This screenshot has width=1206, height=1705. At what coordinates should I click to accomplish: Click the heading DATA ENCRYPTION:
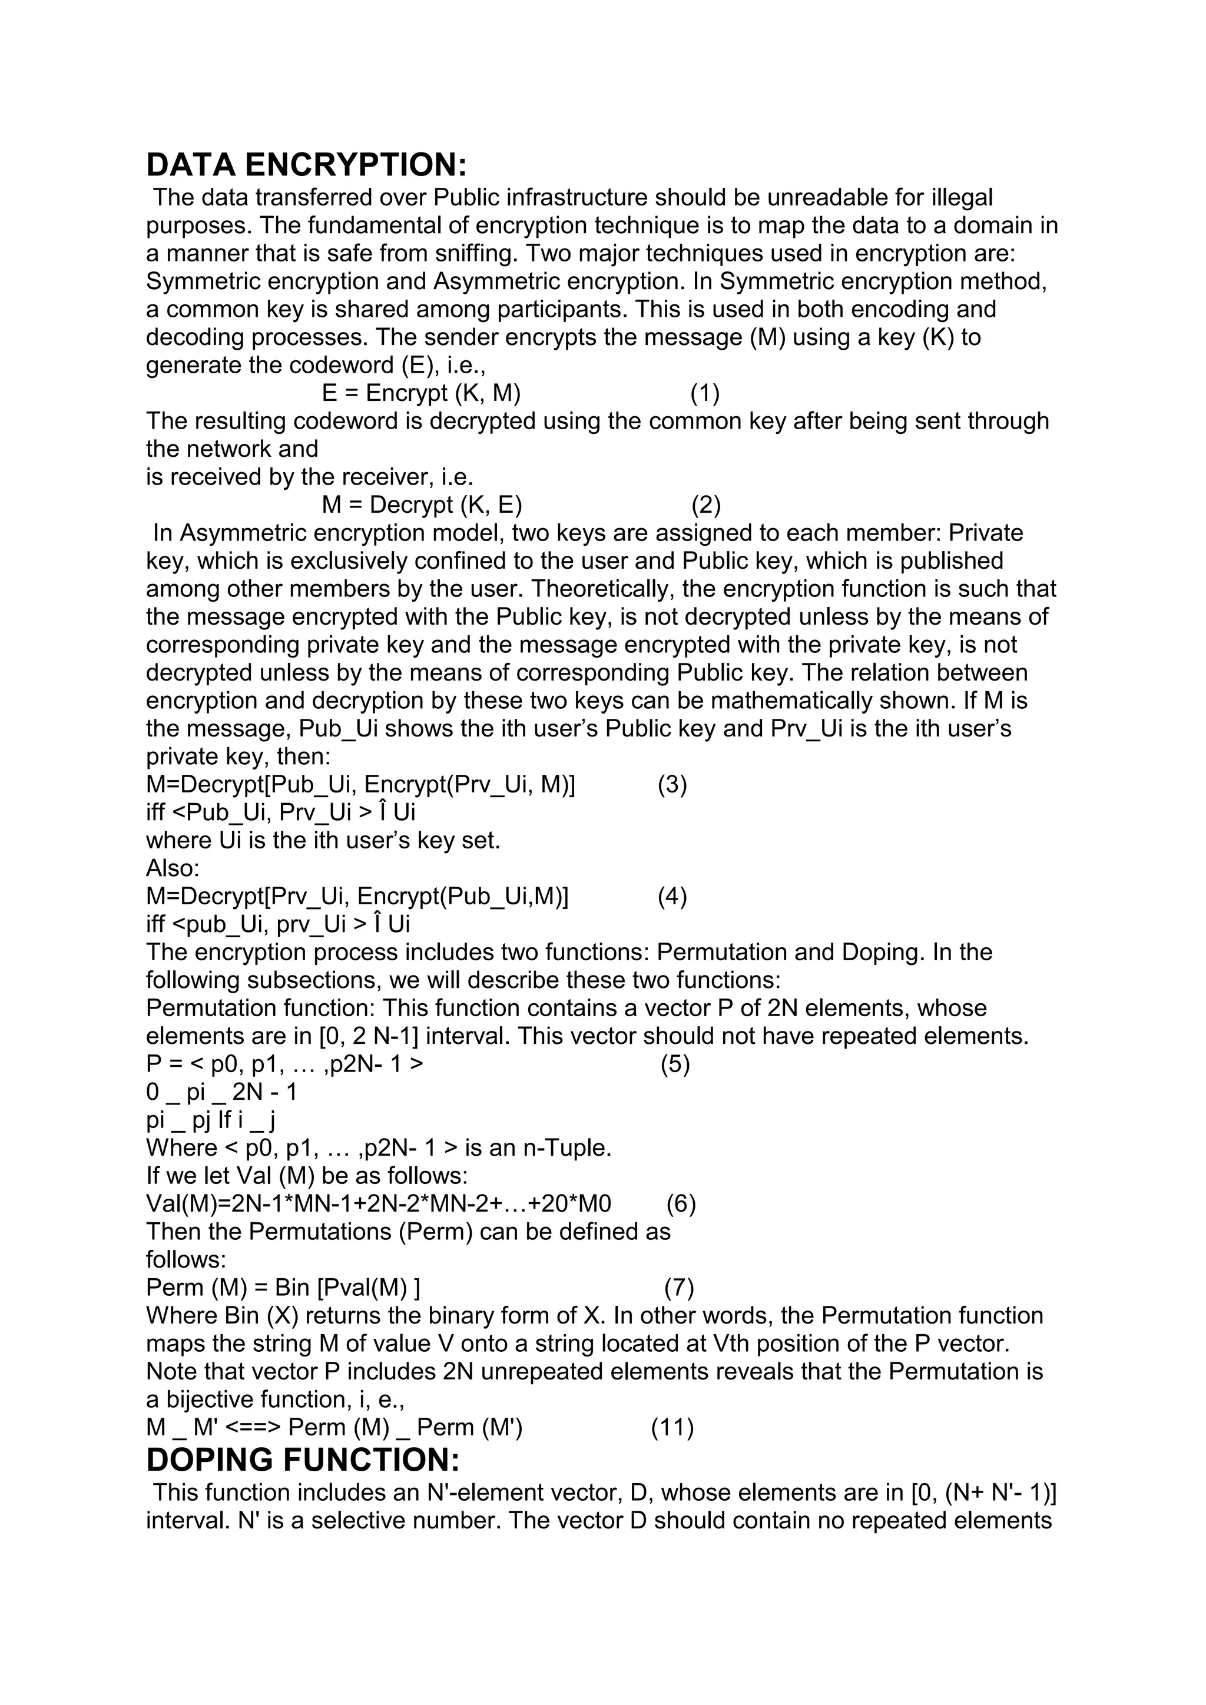point(307,165)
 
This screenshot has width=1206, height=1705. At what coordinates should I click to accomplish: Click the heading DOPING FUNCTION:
point(303,1460)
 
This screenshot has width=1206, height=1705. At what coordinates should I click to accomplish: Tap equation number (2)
point(706,505)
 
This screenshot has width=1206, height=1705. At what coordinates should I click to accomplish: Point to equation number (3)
point(672,784)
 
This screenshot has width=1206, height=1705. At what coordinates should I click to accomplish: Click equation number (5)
point(675,1064)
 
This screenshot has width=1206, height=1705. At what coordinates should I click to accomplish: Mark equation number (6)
point(681,1204)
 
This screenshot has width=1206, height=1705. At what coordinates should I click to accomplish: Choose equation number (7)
point(679,1288)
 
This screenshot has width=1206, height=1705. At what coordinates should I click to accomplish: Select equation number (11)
point(672,1427)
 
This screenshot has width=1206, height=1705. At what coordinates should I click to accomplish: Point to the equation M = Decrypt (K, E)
point(422,505)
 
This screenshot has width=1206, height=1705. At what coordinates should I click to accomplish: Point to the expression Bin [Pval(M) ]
point(347,1288)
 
